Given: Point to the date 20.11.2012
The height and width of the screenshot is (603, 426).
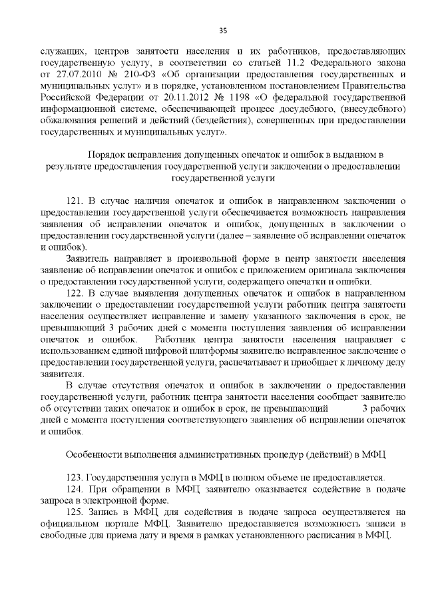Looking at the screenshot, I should [x=167, y=94].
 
